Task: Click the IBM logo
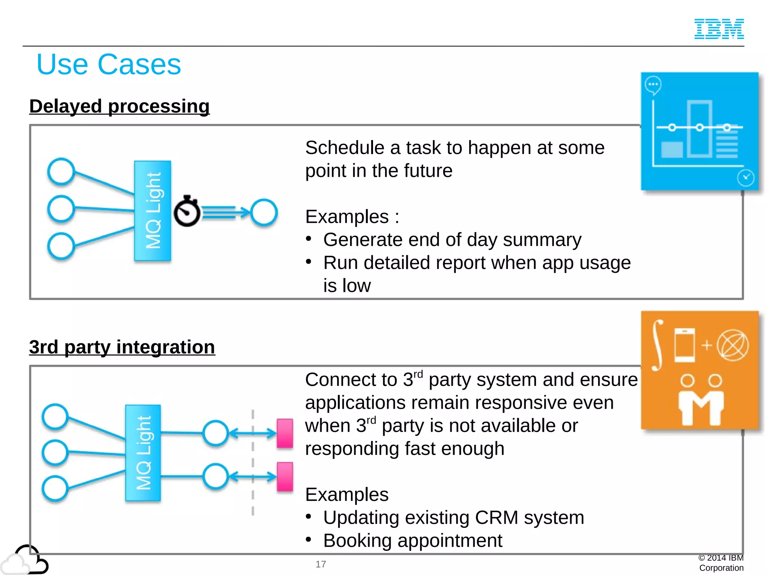pos(719,29)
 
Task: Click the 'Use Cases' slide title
pos(109,64)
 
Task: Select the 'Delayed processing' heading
pos(119,106)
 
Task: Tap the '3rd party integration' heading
pos(122,347)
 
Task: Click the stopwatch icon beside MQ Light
pos(187,212)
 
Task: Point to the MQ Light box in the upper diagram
pos(153,211)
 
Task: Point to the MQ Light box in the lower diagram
pos(143,453)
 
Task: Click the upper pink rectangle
pos(285,433)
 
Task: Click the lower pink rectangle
pos(285,477)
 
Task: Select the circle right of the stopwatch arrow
pos(264,213)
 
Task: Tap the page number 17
pos(321,564)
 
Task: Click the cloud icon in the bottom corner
pos(24,560)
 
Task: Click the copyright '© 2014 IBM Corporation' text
pos(721,563)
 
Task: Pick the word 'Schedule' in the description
pos(345,148)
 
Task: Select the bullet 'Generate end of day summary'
pos(452,240)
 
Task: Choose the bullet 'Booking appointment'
pos(412,541)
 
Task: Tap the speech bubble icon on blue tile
pos(653,85)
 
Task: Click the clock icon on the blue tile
pos(745,178)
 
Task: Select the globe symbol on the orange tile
pos(733,345)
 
